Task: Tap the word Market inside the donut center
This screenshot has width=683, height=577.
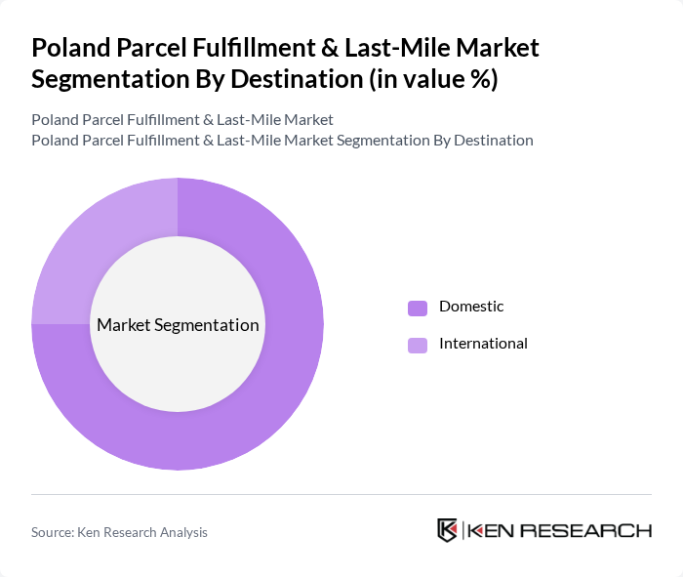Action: pyautogui.click(x=123, y=325)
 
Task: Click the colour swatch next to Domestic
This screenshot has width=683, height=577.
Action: pyautogui.click(x=418, y=308)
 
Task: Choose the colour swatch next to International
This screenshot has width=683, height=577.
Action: pyautogui.click(x=418, y=345)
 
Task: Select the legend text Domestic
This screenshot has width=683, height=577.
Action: pyautogui.click(x=471, y=307)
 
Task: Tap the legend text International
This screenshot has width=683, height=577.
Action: pyautogui.click(x=483, y=344)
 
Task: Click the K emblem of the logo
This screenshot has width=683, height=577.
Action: pyautogui.click(x=447, y=530)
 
